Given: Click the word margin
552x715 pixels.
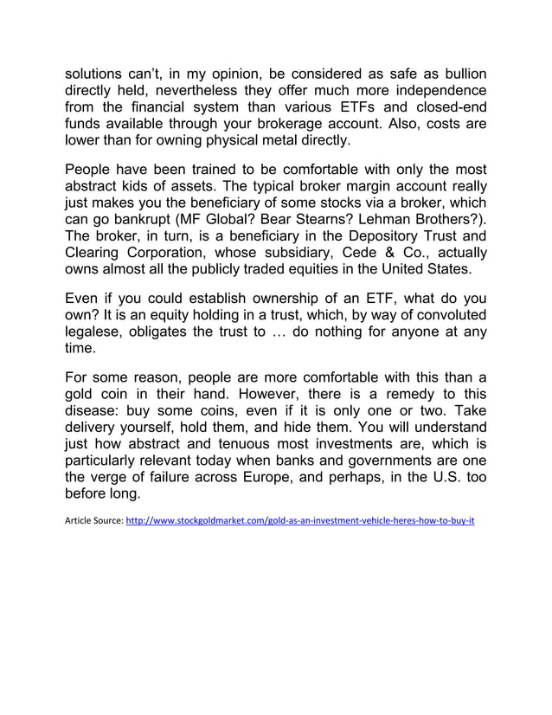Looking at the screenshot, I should [365, 187].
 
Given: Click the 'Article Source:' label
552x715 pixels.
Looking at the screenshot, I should [94, 522].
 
